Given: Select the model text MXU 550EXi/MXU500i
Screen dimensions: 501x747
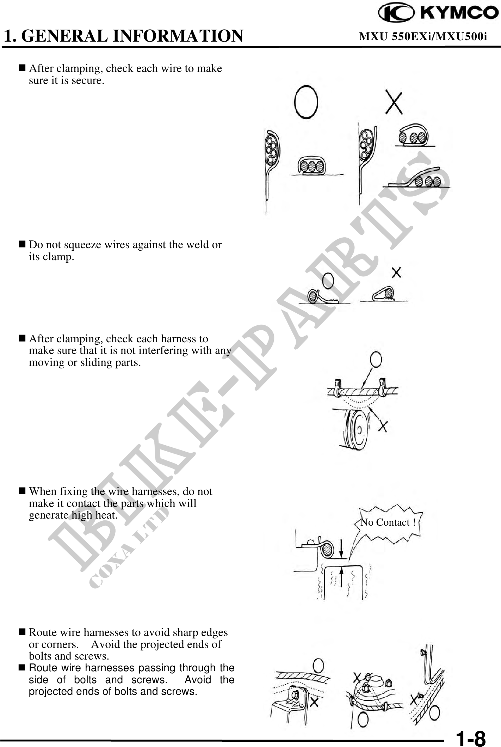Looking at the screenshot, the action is click(x=423, y=36).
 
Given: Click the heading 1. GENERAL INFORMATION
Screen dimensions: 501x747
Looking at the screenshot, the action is click(x=123, y=36).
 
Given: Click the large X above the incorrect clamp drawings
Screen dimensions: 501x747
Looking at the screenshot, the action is click(x=395, y=102).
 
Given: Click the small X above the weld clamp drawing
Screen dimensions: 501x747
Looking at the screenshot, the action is click(x=396, y=273).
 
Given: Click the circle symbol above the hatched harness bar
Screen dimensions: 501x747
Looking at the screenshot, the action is click(x=376, y=360).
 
